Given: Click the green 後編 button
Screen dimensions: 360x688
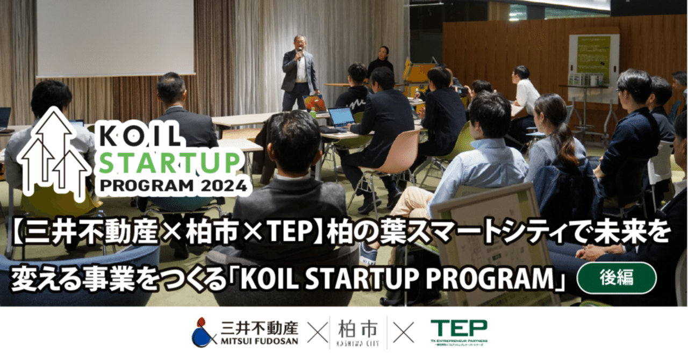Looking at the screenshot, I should pyautogui.click(x=616, y=278).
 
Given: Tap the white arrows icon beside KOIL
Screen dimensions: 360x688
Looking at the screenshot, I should pyautogui.click(x=54, y=150).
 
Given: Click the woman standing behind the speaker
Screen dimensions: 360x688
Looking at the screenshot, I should pyautogui.click(x=382, y=60).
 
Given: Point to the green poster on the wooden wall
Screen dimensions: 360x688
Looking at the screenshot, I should pyautogui.click(x=593, y=59).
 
